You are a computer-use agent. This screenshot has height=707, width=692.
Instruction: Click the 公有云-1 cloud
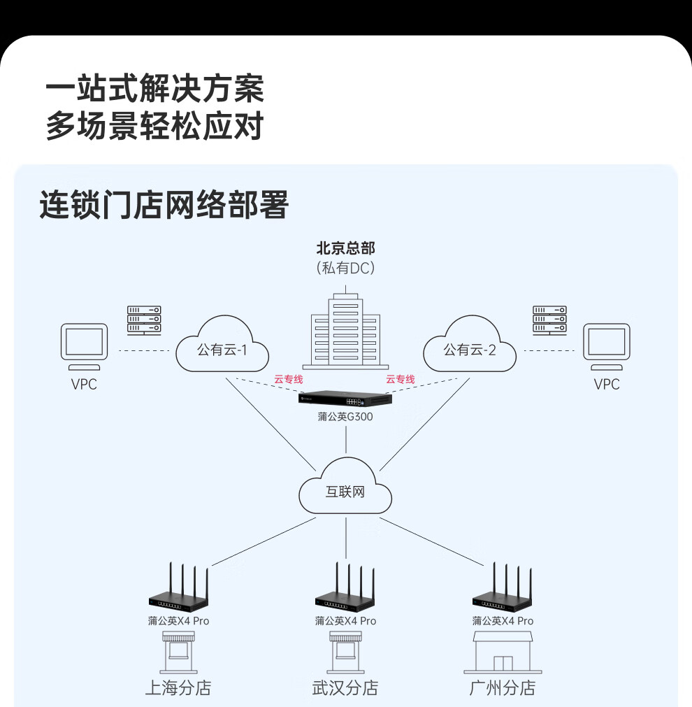coord(222,348)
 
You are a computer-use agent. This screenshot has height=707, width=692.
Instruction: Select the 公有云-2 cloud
coord(470,348)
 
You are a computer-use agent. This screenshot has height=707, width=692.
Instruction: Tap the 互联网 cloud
coord(345,490)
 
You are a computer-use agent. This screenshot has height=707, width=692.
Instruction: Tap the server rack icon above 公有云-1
coord(144,320)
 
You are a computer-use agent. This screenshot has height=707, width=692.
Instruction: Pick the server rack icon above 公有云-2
coord(549,320)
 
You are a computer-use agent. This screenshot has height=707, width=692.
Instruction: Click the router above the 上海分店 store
coord(178,591)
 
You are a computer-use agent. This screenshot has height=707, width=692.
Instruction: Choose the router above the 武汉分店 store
coord(345,591)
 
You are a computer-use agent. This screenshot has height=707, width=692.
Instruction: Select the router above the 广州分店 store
coord(503,591)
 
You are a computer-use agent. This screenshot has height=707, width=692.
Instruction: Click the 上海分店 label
coord(178,687)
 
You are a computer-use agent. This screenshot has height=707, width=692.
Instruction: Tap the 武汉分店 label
coord(345,687)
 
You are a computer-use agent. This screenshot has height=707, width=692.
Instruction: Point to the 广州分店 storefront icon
coord(503,652)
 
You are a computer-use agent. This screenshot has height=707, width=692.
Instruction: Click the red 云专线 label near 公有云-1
coord(288,379)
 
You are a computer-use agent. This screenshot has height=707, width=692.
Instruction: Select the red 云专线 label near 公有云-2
coord(401,379)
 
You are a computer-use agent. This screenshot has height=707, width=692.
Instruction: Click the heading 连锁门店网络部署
coord(164,206)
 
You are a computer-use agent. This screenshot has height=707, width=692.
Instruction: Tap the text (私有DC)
coord(345,267)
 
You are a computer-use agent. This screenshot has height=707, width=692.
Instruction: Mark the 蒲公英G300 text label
coord(345,417)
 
